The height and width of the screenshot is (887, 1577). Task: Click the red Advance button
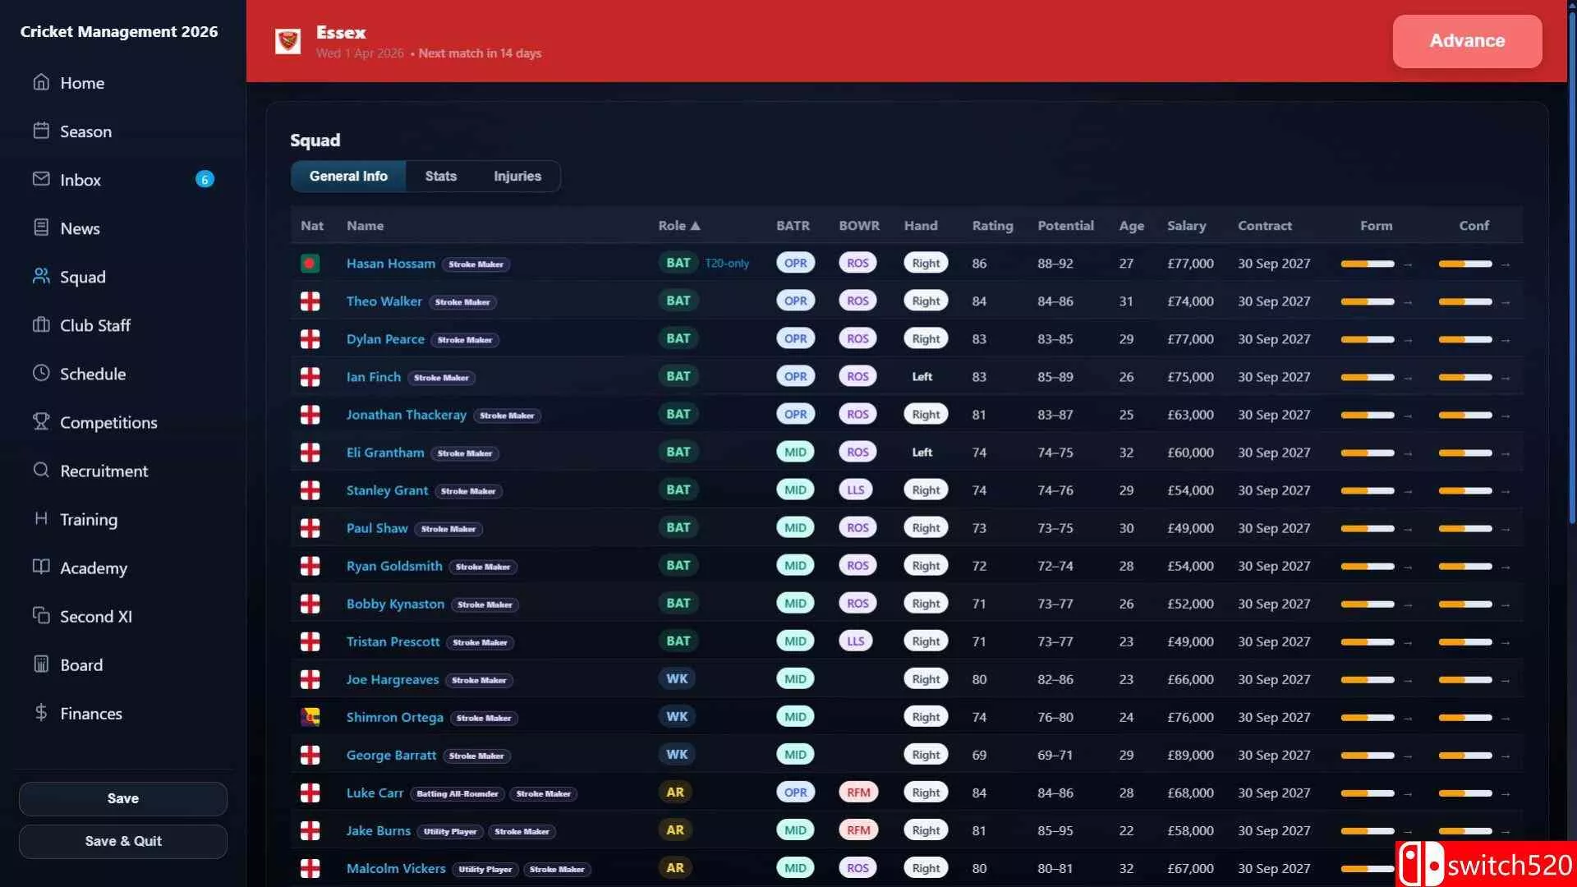pos(1467,41)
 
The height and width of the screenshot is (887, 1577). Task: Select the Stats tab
pos(440,176)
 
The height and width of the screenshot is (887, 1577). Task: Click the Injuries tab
pos(517,176)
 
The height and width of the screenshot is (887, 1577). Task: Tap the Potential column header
pos(1065,226)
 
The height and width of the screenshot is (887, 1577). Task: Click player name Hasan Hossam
pos(391,264)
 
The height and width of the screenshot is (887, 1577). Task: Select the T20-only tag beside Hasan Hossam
pos(727,264)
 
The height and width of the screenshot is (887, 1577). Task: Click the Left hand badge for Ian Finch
pos(922,377)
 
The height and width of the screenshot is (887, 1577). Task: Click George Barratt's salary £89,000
pos(1190,755)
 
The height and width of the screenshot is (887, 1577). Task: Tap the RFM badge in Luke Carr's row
pos(858,793)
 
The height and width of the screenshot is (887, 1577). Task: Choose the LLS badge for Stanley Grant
pos(856,490)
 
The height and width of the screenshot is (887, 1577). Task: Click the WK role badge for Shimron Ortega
pos(677,717)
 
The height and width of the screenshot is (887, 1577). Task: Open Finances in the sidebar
pos(90,714)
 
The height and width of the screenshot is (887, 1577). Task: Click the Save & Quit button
pos(123,841)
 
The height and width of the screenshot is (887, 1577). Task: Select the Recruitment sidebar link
pos(103,471)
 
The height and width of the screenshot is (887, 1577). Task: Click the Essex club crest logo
pos(287,41)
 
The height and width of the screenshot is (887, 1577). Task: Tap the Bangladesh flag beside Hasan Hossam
pos(310,264)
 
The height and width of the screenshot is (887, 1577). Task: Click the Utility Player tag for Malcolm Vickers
pos(485,869)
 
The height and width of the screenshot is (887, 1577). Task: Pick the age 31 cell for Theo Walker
pos(1126,301)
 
